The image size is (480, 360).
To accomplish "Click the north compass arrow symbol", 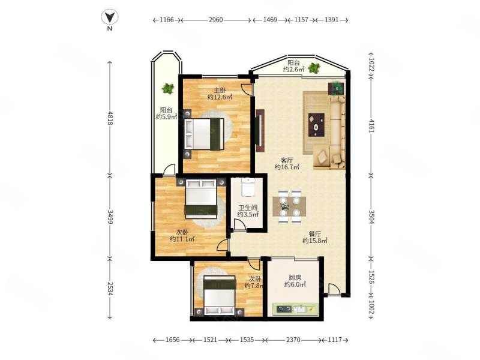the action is [110, 17].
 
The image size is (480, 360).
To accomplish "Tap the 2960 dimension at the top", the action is [215, 20].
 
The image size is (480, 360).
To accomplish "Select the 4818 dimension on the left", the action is [110, 118].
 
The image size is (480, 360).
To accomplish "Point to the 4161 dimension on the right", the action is [371, 126].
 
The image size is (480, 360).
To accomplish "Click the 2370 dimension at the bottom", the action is [293, 340].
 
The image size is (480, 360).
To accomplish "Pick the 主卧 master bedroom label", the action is [220, 91].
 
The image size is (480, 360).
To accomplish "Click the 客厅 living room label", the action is [287, 160].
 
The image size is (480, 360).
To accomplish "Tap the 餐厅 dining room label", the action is [315, 234].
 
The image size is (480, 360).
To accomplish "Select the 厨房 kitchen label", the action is [295, 278].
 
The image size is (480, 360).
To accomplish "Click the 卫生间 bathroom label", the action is [248, 207].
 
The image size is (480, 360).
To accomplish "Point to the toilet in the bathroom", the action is [248, 187].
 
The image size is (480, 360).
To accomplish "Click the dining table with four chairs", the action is [289, 207].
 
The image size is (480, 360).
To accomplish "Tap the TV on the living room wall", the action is [259, 130].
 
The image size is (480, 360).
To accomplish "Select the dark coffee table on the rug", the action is [317, 125].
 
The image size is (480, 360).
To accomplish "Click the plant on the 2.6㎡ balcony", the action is [314, 68].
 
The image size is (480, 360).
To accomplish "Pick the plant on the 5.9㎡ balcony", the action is [167, 88].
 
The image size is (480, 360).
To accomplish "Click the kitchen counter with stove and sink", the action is [295, 309].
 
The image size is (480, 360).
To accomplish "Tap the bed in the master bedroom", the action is [204, 134].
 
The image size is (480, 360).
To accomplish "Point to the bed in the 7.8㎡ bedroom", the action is [220, 295].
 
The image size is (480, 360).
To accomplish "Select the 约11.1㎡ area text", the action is [182, 239].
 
